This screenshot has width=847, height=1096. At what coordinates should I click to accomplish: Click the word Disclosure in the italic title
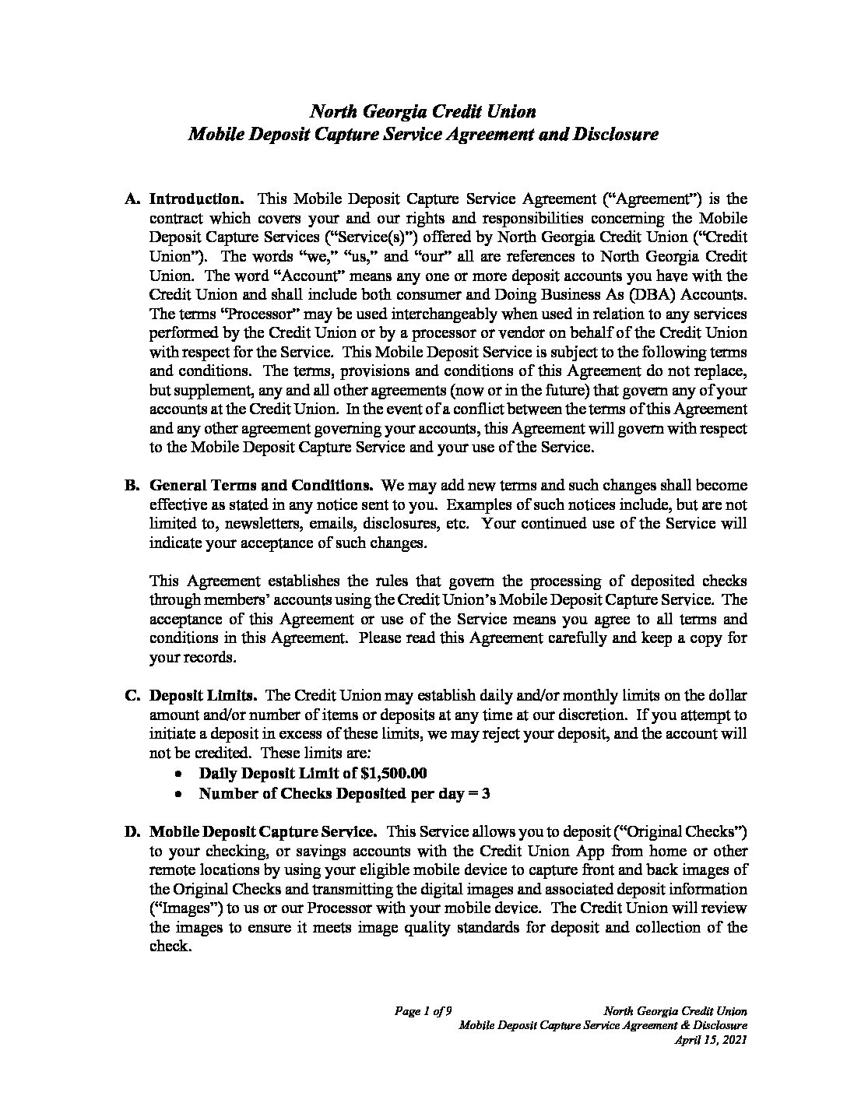click(618, 134)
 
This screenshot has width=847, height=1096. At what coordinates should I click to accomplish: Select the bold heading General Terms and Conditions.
click(262, 485)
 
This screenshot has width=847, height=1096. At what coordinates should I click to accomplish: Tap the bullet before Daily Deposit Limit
click(179, 775)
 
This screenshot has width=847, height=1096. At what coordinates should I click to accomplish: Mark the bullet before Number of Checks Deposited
click(179, 794)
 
